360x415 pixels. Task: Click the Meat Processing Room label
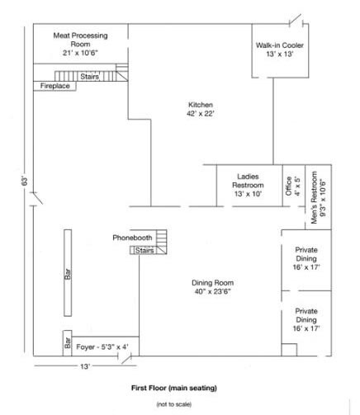[80, 44]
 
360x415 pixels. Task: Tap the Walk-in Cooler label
[280, 50]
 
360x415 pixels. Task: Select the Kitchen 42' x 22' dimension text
[201, 114]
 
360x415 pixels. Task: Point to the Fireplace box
[54, 86]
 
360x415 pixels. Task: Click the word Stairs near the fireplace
[90, 76]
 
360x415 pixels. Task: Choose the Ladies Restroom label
[248, 185]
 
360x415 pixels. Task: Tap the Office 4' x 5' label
[293, 186]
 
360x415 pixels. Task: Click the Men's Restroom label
[319, 197]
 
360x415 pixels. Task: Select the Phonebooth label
[132, 238]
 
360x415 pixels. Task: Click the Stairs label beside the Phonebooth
[144, 250]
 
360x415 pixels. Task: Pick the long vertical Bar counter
[68, 273]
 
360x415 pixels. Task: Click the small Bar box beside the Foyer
[68, 343]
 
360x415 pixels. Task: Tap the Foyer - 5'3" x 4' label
[102, 347]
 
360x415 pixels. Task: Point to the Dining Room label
[212, 287]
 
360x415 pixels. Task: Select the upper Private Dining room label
[306, 258]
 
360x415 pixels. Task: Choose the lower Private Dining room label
[306, 320]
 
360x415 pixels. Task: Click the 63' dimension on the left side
[25, 182]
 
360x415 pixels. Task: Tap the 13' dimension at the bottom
[85, 366]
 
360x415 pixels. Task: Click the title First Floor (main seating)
[174, 388]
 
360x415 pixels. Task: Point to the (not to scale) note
[174, 404]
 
